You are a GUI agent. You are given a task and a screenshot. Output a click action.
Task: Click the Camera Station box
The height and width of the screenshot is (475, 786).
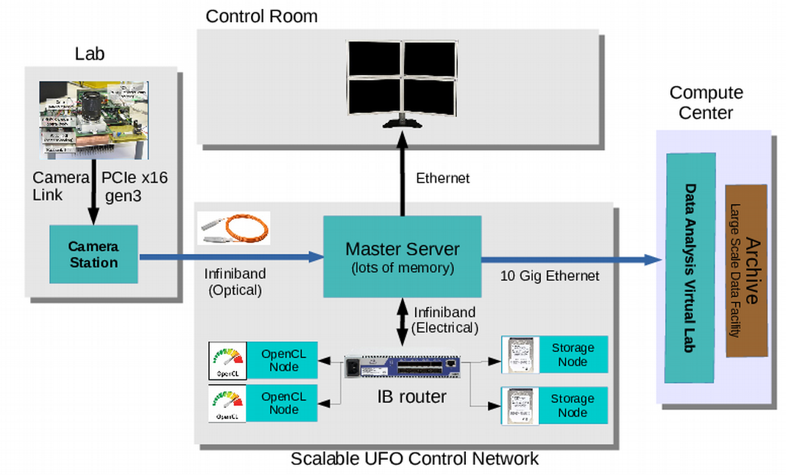tap(93, 254)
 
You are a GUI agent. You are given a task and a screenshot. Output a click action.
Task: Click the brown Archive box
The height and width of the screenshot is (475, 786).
tap(746, 270)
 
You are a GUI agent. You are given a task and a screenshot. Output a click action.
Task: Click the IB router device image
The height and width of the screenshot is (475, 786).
tap(403, 367)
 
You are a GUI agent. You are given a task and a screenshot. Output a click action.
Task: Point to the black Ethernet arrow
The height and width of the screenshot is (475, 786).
tap(402, 177)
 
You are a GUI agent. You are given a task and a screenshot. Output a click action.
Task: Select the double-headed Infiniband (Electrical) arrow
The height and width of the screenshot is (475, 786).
tap(403, 322)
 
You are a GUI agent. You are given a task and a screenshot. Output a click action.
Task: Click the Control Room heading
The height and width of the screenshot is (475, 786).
tap(261, 16)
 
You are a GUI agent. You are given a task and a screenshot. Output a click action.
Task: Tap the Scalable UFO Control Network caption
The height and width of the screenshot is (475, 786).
tap(414, 459)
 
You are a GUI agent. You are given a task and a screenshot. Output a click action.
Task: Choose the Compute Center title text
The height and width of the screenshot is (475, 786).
tap(706, 103)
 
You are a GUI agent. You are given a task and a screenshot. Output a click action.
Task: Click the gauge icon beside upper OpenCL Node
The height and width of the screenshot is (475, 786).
tap(227, 360)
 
